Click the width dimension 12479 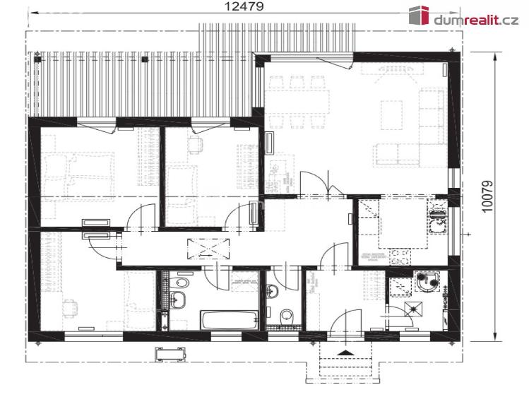244,6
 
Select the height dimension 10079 487,196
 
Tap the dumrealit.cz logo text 476,20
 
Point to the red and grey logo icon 419,15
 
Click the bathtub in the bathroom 230,320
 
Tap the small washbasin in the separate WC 272,291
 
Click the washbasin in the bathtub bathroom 177,300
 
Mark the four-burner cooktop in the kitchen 400,257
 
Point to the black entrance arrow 345,352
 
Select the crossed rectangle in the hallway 208,249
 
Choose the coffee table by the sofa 392,115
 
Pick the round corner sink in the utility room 427,283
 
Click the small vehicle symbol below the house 170,354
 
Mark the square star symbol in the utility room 412,308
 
